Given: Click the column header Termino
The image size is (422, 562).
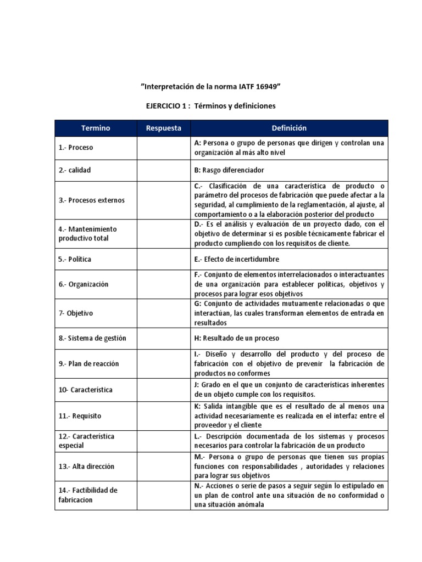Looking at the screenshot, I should click(x=96, y=128).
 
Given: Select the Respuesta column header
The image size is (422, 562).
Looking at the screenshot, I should click(x=163, y=128).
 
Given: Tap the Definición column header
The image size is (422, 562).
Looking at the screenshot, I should click(x=289, y=128).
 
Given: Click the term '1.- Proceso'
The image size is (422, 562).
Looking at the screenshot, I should click(x=76, y=148).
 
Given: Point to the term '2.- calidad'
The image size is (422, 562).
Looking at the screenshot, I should click(x=75, y=170).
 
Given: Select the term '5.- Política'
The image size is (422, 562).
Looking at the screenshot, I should click(x=75, y=258).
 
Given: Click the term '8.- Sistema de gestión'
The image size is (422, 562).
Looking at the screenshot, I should click(x=92, y=338).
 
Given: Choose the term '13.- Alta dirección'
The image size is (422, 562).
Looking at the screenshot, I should click(x=86, y=466).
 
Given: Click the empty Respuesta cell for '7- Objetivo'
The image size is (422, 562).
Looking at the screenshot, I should click(x=163, y=313).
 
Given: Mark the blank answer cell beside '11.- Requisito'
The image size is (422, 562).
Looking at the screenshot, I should click(x=163, y=416).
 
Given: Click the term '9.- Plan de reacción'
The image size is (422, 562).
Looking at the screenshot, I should click(x=88, y=364).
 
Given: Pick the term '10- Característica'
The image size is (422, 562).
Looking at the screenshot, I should click(x=85, y=390).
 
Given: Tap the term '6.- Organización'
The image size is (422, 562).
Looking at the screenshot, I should click(x=84, y=284).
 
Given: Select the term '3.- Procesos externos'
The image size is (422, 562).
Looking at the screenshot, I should click(x=91, y=200).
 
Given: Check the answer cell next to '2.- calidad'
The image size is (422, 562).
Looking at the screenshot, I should click(x=163, y=170).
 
